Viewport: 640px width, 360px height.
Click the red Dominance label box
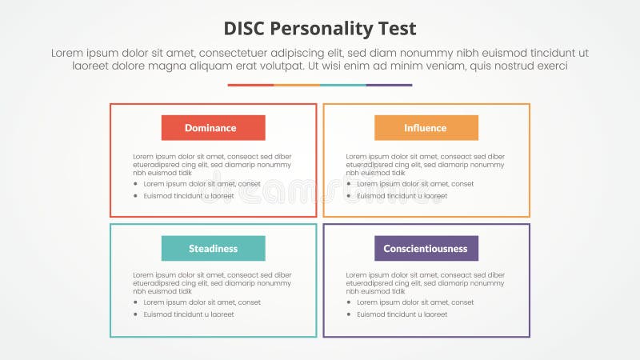213,128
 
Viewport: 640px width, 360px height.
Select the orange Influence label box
426,128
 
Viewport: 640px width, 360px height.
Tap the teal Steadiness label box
213,248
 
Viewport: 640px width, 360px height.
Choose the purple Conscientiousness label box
426,248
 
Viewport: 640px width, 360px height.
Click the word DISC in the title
249,30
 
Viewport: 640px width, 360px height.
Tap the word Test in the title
398,30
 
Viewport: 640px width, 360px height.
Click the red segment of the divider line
250,85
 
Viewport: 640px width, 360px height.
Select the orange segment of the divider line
297,85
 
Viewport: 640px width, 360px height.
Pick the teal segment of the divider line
343,85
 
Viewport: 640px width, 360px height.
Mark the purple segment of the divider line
389,85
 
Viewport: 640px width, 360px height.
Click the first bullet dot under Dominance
136,184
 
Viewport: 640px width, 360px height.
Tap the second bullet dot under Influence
349,196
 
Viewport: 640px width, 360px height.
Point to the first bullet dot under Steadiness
136,302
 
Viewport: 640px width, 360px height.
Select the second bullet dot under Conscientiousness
349,314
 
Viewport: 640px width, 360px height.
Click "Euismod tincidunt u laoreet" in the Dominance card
189,196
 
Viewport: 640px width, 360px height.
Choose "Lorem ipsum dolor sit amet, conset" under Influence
415,184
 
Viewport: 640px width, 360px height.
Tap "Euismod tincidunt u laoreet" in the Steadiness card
189,314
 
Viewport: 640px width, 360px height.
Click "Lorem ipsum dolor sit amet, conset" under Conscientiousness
415,302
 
